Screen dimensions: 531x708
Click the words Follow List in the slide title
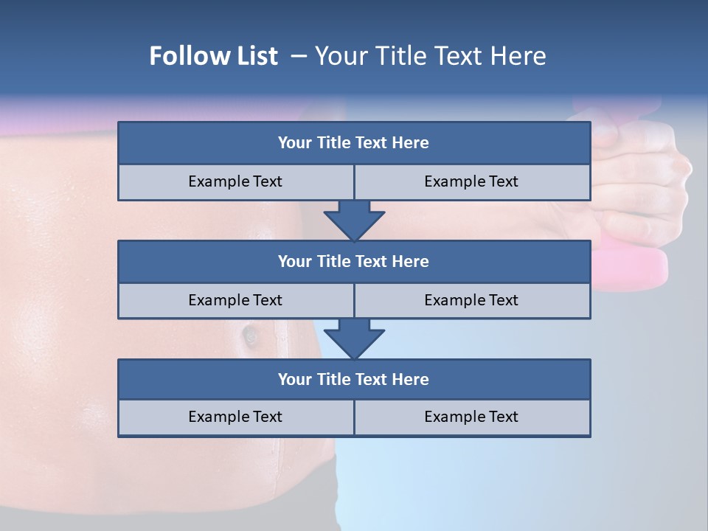pos(214,56)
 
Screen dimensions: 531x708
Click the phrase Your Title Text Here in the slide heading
pos(431,56)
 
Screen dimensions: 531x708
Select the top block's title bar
pos(354,143)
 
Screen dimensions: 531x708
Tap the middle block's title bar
pos(354,261)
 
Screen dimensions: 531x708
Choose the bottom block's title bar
pos(354,379)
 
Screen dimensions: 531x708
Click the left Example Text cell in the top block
pos(235,181)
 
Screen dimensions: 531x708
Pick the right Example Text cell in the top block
pos(471,181)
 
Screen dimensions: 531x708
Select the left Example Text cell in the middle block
pos(235,300)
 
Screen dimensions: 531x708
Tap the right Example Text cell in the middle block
pos(471,300)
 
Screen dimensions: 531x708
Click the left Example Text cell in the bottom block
pos(235,417)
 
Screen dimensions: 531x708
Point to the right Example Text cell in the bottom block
pos(471,417)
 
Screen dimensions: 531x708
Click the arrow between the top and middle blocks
pos(354,221)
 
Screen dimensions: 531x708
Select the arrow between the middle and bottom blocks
pos(354,339)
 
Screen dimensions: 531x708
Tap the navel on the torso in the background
pos(249,336)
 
